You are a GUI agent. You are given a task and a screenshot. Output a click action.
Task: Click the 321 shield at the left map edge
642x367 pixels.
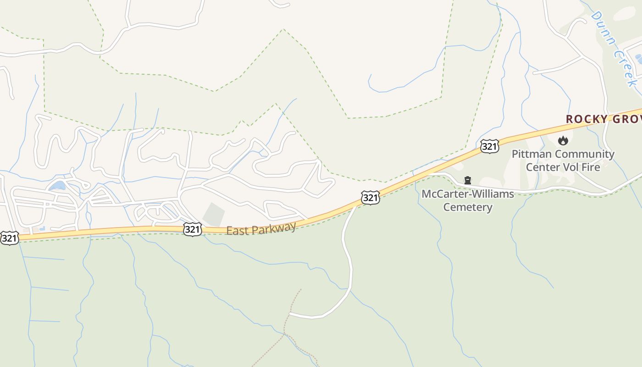tap(9, 238)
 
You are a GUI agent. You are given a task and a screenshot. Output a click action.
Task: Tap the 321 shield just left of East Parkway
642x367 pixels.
tap(192, 229)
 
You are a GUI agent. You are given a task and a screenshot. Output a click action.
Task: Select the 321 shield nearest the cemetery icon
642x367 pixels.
tap(370, 198)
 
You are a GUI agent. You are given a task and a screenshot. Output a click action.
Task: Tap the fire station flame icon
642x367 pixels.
tap(563, 140)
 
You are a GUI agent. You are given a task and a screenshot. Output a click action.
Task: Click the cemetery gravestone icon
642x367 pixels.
tap(468, 180)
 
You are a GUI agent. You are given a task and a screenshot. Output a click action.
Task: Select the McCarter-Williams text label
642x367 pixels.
tap(468, 194)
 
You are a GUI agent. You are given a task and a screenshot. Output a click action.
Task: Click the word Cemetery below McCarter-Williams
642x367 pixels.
tap(468, 207)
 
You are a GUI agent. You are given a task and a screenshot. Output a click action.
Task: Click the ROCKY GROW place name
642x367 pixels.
tap(603, 119)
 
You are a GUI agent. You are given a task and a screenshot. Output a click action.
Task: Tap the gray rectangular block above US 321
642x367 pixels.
tap(214, 214)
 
